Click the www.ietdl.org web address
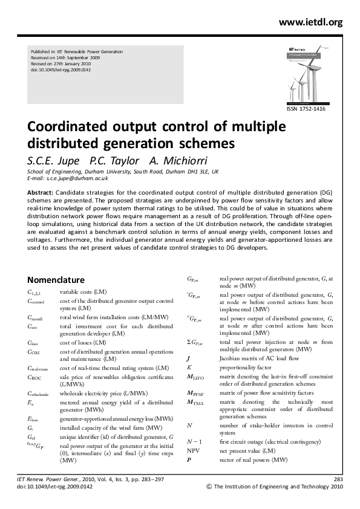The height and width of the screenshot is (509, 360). [x=310, y=22]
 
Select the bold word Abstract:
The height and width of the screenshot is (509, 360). [x=41, y=192]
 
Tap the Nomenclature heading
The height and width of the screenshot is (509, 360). [x=56, y=280]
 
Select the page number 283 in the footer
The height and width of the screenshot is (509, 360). [x=338, y=479]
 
